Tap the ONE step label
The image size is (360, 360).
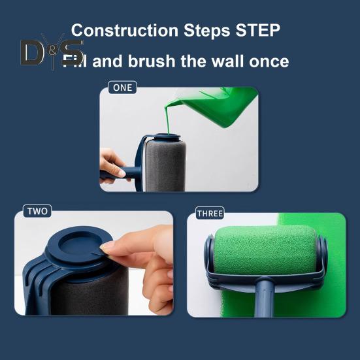pos(122,87)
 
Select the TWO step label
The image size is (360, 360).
pos(37,212)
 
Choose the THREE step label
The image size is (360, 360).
pos(210,214)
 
